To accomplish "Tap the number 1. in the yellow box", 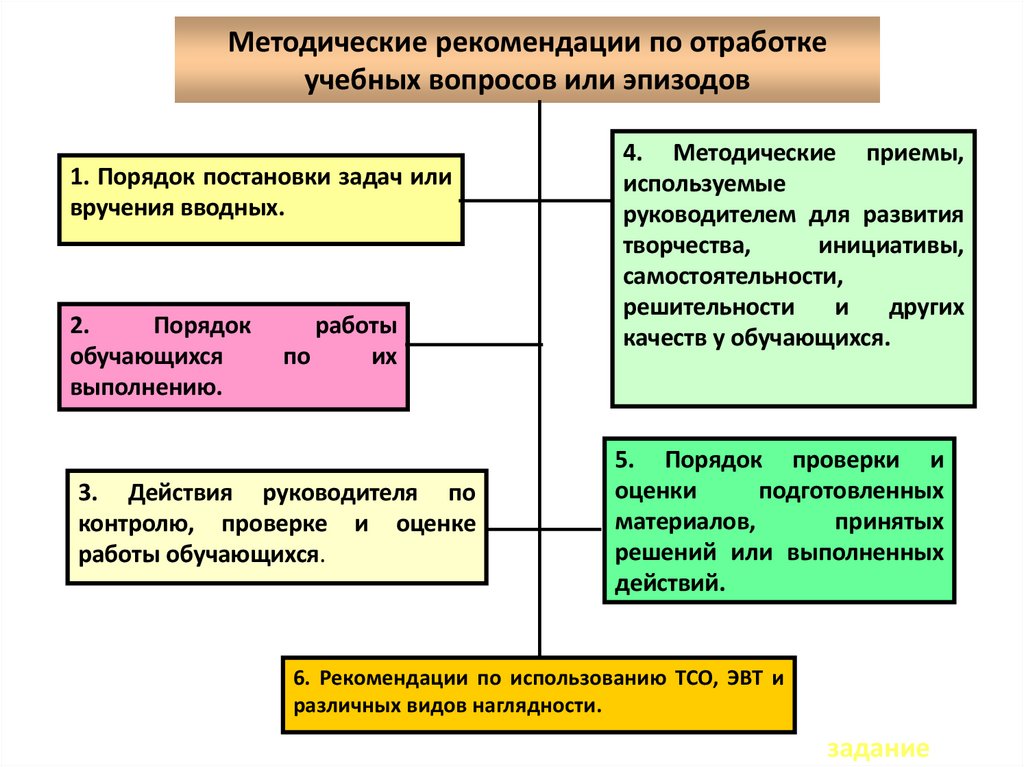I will click(x=79, y=178).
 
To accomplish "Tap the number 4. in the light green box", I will click(x=632, y=155).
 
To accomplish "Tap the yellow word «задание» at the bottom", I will click(x=879, y=749).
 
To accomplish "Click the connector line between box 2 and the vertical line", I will click(x=474, y=345).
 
